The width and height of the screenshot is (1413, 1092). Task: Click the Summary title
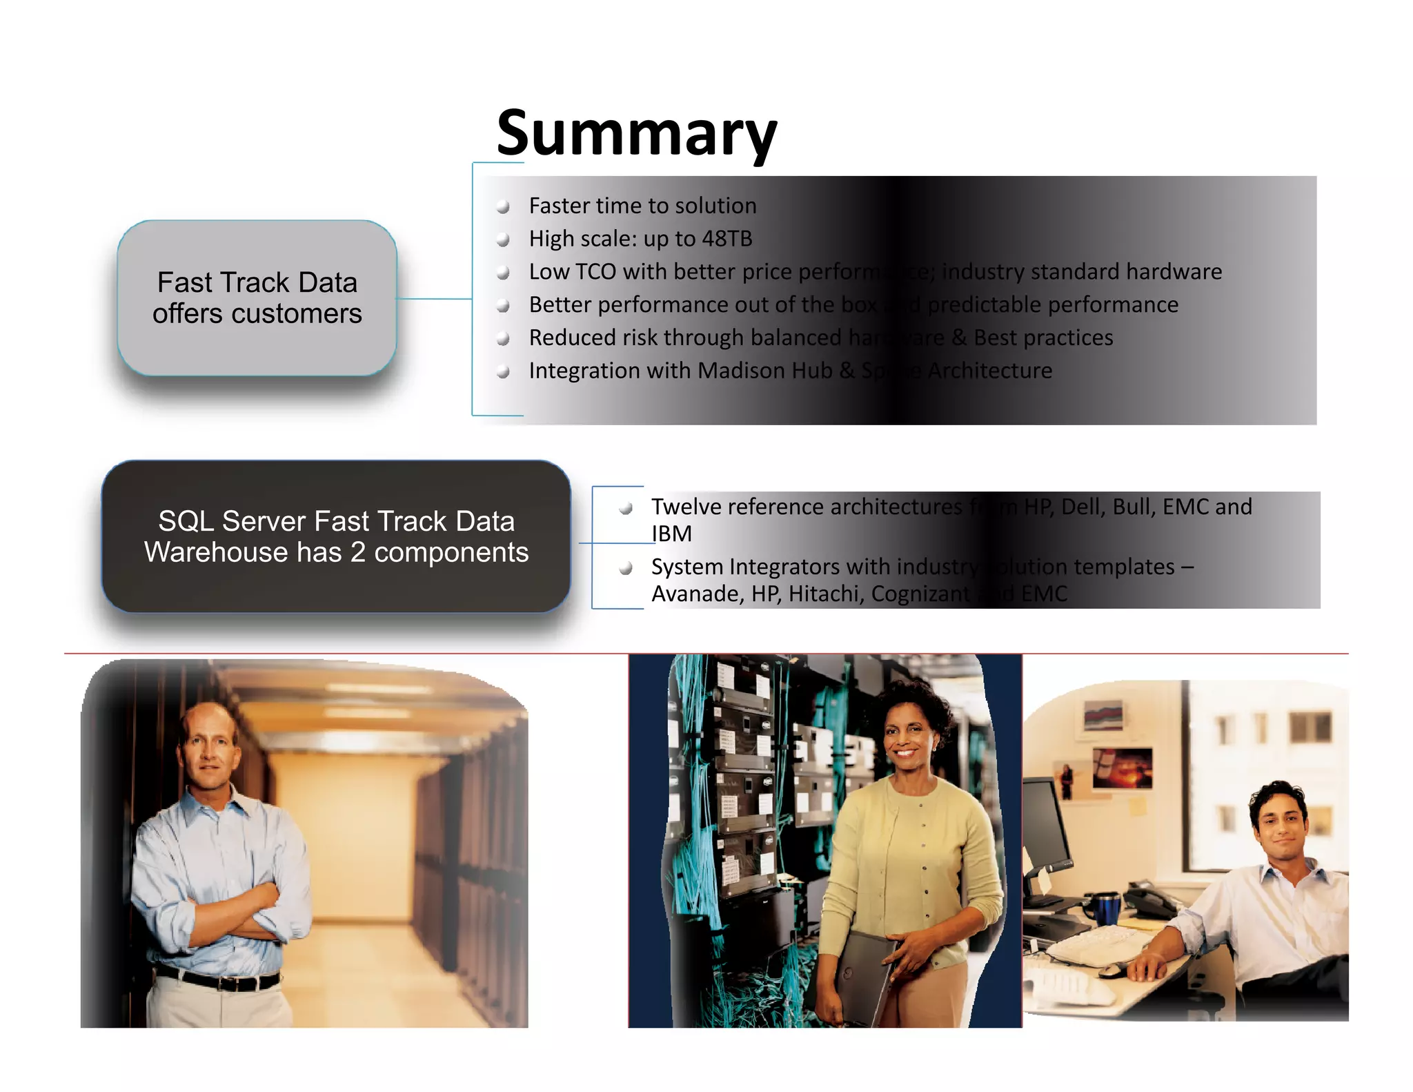[636, 134]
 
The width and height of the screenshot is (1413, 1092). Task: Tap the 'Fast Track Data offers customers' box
[257, 298]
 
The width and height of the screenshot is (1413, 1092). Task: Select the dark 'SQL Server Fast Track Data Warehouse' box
[336, 536]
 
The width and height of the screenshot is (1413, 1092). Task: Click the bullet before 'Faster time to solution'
[504, 206]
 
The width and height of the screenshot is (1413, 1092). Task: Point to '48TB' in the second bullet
[727, 239]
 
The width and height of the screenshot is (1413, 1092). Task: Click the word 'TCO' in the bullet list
[595, 272]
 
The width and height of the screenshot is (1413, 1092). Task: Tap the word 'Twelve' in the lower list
[686, 507]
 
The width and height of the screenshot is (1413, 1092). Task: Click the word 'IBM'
[671, 534]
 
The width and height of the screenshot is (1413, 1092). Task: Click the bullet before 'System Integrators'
[626, 568]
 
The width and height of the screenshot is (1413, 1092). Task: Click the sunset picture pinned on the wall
[1123, 768]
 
